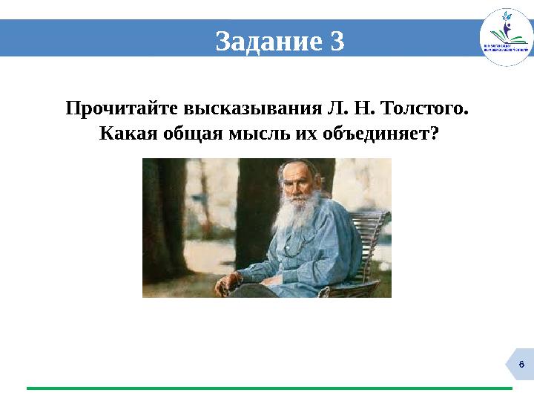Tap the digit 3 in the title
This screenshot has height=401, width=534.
click(x=337, y=42)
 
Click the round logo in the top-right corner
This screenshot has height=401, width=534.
click(x=506, y=37)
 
